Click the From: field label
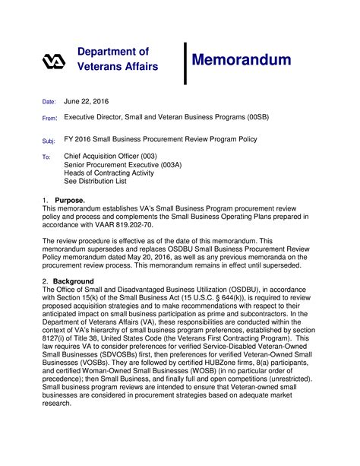pyautogui.click(x=49, y=119)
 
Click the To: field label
pyautogui.click(x=46, y=157)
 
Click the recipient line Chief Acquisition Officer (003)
pyautogui.click(x=111, y=156)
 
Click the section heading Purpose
pyautogui.click(x=70, y=200)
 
